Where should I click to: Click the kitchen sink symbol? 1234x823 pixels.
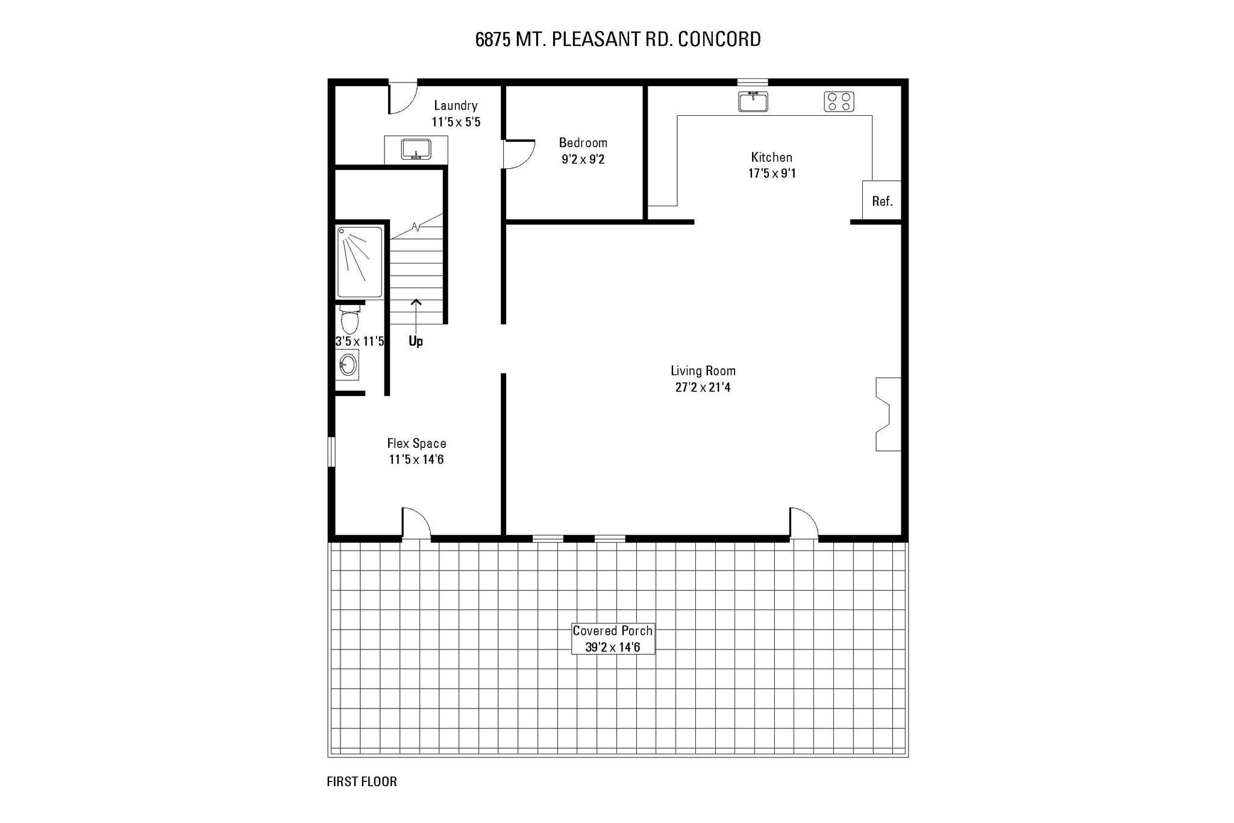753,102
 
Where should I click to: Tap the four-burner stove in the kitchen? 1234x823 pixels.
839,102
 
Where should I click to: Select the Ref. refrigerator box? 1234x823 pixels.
882,201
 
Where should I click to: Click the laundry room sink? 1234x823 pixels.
416,149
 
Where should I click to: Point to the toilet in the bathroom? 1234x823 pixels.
349,320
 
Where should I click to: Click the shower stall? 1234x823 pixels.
360,262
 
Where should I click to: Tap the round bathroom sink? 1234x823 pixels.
348,365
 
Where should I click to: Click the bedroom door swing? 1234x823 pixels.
519,154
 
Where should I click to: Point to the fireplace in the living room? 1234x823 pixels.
887,414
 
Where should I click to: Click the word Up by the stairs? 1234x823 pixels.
416,341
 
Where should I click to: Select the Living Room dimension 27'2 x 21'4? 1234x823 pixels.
703,388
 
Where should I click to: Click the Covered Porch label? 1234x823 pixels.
612,631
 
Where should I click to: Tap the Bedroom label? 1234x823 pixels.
583,143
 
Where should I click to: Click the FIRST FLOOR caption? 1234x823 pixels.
362,782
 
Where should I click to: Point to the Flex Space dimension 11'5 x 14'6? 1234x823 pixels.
416,459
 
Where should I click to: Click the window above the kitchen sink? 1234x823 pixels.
753,82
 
